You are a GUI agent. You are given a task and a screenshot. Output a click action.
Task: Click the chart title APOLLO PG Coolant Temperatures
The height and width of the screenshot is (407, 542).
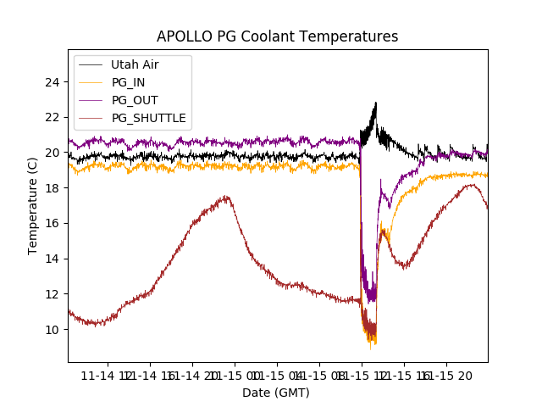click(x=277, y=37)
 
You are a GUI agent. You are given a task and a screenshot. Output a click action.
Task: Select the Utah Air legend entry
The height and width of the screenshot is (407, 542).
click(x=134, y=64)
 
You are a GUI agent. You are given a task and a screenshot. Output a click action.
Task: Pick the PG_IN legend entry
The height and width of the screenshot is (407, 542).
click(x=129, y=82)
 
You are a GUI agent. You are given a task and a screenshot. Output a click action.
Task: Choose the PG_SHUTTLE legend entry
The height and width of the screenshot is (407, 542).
click(x=148, y=118)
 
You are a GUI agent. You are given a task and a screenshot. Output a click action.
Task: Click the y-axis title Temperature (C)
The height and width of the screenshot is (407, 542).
click(x=33, y=205)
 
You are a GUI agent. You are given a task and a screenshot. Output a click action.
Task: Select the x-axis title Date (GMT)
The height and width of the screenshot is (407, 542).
click(x=276, y=393)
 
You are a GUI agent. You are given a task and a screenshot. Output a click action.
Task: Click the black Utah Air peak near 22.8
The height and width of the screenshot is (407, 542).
click(x=375, y=103)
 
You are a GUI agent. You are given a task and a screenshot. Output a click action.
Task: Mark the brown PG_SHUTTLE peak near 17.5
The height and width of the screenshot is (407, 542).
click(x=225, y=197)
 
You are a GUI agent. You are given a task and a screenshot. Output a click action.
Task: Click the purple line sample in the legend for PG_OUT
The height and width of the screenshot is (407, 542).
click(x=91, y=100)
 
